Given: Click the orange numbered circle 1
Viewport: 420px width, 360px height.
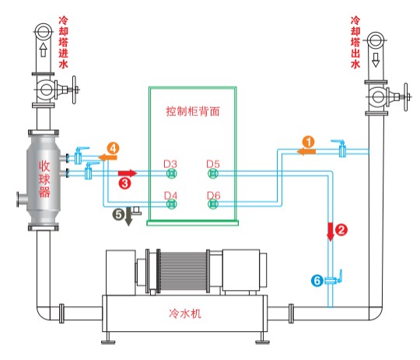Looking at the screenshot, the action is click(309, 142).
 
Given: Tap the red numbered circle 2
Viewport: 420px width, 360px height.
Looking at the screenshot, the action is click(341, 230).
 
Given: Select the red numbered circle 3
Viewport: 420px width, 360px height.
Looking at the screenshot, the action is click(124, 183).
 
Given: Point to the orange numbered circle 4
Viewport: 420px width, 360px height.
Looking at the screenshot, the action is click(113, 149).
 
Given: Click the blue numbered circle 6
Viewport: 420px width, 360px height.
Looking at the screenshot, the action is click(317, 281).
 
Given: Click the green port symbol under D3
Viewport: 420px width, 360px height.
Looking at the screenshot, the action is click(171, 173).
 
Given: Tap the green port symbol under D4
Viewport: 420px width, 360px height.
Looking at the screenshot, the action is click(171, 204).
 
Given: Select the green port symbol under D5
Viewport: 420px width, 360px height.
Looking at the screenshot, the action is click(213, 173).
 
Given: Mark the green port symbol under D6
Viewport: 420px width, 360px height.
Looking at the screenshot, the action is click(213, 204).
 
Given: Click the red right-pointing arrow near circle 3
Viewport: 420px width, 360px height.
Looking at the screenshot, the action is click(128, 173).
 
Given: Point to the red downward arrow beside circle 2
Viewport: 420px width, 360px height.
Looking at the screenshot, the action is click(331, 232).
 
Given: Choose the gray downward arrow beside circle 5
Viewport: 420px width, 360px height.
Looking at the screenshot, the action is click(129, 216).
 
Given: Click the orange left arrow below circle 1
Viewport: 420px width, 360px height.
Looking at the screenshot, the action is click(306, 152).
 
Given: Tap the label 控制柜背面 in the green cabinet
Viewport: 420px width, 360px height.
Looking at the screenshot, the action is click(193, 111).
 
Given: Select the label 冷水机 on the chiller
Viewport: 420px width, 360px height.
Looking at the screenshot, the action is click(185, 313).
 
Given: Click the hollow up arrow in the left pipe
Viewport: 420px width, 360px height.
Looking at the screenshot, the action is click(43, 50).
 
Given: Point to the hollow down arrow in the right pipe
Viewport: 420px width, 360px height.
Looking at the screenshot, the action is click(376, 60).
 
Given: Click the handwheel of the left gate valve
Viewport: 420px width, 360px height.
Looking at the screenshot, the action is click(74, 89).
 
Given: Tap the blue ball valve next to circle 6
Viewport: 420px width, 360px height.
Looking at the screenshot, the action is click(334, 280).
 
